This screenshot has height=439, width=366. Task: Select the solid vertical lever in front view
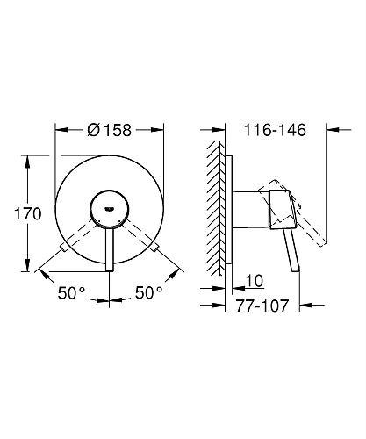click(x=110, y=241)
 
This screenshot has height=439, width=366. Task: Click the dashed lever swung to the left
click(x=77, y=236)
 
